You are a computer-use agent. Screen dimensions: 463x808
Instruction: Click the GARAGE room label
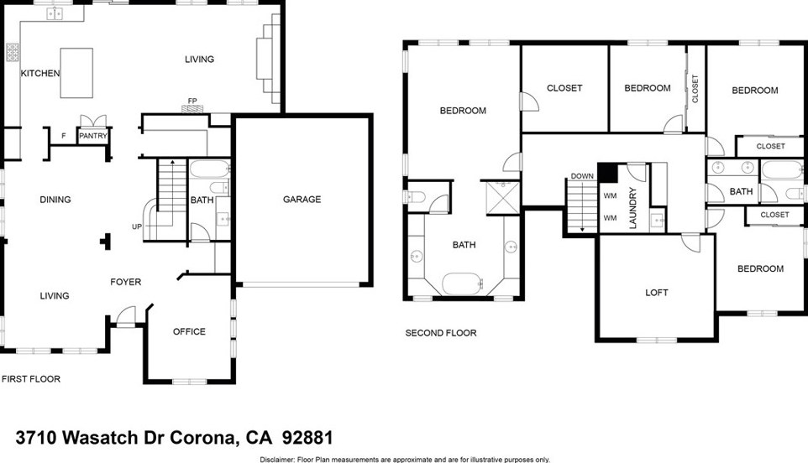(302, 200)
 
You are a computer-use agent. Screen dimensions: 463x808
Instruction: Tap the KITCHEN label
(40, 74)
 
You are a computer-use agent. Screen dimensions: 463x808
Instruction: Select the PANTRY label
(92, 135)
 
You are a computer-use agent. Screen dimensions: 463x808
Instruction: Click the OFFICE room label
(189, 332)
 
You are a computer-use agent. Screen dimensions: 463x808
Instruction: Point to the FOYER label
(126, 283)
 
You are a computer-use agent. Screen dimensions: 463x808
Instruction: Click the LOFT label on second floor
(657, 293)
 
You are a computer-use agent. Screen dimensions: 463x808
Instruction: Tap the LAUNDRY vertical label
(633, 206)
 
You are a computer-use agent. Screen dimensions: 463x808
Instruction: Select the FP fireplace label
(192, 101)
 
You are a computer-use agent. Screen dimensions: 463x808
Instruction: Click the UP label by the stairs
(137, 227)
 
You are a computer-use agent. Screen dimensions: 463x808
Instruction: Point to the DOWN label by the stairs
(582, 176)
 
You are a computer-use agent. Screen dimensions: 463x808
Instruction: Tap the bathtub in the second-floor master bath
(464, 283)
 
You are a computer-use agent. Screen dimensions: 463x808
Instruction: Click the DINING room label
(55, 200)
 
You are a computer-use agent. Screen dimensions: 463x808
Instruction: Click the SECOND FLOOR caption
(441, 334)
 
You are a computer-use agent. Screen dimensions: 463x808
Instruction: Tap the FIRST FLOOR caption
(31, 379)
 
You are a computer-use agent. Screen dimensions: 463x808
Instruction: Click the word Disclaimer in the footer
(281, 460)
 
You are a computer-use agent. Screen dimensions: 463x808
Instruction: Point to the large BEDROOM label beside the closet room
(463, 111)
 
